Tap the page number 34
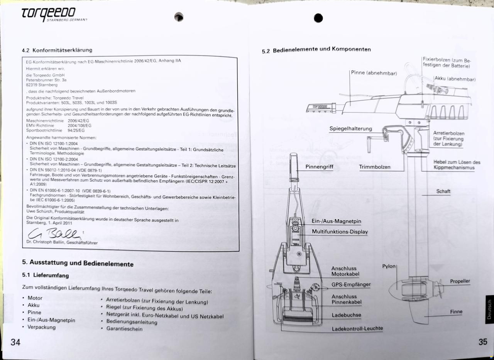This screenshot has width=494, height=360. [x=15, y=342]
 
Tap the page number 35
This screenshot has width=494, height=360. [x=483, y=341]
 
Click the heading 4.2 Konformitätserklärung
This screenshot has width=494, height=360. [x=57, y=51]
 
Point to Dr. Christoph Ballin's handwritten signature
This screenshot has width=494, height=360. [x=54, y=233]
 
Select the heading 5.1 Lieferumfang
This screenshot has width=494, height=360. [x=46, y=275]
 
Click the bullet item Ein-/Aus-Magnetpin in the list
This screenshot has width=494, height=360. [x=51, y=320]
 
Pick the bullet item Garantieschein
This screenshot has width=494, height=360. [x=124, y=329]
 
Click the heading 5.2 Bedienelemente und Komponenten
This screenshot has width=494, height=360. [x=316, y=50]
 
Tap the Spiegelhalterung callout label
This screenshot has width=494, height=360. [x=351, y=128]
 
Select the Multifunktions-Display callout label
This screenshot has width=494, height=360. [x=340, y=232]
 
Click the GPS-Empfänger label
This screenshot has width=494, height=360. [x=351, y=285]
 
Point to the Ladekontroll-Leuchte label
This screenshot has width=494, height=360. [x=357, y=329]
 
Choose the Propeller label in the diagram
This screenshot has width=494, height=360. [x=460, y=281]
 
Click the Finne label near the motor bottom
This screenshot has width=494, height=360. [x=456, y=312]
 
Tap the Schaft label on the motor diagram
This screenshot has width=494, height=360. [x=443, y=191]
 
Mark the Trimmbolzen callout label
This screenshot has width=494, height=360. [x=374, y=167]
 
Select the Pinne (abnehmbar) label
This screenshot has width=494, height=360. [x=374, y=73]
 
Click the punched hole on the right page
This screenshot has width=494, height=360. [x=318, y=18]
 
